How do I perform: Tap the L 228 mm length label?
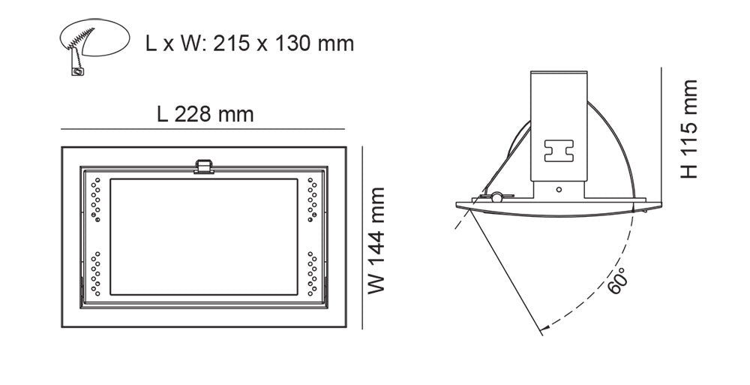click(205, 115)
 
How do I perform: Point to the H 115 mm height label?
click(689, 129)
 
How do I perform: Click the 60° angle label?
click(619, 281)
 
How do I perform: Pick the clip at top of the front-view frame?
click(202, 166)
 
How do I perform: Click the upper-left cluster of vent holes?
click(94, 198)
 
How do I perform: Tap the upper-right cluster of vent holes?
click(312, 198)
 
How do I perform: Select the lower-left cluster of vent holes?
click(94, 275)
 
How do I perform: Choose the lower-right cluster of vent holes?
click(312, 275)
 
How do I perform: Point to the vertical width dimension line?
click(363, 236)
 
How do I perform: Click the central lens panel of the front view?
click(203, 236)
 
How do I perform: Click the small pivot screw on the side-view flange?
click(496, 197)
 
